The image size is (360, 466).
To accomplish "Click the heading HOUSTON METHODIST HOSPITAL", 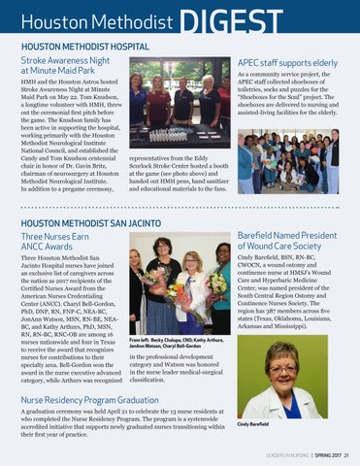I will [x=83, y=46].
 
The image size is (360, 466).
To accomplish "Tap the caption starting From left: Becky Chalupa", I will [x=180, y=342].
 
